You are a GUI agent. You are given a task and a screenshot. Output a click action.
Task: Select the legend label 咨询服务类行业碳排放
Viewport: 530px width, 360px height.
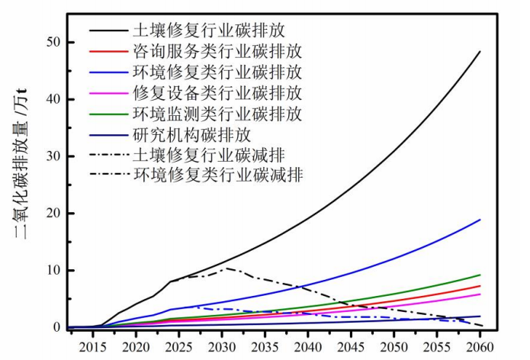[x=217, y=53]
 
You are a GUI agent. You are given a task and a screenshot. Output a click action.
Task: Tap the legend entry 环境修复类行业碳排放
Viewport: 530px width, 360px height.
[x=217, y=73]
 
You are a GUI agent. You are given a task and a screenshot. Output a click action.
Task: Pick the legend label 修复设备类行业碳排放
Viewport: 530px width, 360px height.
[x=217, y=94]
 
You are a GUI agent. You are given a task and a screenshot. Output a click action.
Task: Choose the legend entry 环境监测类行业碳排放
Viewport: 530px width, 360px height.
[x=217, y=114]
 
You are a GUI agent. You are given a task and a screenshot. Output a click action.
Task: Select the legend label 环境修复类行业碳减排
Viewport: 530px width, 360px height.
[x=217, y=175]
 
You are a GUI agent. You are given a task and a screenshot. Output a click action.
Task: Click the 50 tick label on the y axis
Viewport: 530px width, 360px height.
[x=52, y=42]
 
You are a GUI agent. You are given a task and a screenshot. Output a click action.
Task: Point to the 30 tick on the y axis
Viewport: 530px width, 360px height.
[x=52, y=156]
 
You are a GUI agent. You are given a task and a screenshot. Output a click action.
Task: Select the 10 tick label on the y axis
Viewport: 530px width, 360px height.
[x=52, y=271]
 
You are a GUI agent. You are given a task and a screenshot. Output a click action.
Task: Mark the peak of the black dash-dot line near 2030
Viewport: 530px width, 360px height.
[x=226, y=268]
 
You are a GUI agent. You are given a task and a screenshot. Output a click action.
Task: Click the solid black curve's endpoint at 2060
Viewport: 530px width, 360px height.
[x=480, y=52]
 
